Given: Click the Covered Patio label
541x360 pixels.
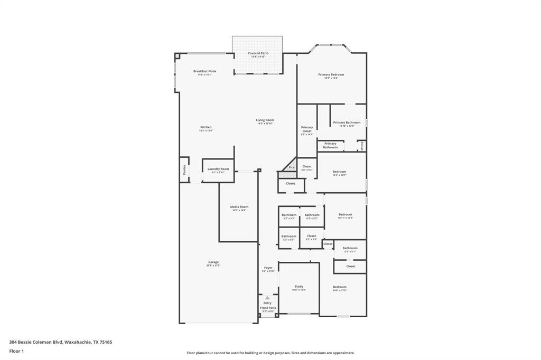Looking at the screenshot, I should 258,53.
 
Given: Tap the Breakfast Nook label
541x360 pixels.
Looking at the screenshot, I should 204,71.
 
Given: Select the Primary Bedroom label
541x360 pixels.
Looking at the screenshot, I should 331,75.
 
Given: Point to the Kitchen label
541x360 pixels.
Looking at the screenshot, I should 206,127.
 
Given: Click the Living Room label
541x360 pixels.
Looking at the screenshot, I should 265,120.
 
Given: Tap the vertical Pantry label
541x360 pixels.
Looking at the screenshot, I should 184,169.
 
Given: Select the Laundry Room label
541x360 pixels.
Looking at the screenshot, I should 218,169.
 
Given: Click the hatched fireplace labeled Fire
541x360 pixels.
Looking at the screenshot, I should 290,169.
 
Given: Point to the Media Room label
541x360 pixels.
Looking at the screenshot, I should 239,207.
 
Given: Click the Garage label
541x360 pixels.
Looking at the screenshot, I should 213,262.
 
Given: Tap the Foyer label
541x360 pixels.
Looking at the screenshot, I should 268,268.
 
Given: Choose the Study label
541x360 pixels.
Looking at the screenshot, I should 299,287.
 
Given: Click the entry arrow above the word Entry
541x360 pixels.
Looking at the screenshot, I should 267,298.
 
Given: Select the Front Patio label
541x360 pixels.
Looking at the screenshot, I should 268,308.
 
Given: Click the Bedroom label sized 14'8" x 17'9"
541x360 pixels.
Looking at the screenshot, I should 340,287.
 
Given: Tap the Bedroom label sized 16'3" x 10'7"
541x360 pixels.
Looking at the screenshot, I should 339,172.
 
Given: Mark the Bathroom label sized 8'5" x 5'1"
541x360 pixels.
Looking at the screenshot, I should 350,248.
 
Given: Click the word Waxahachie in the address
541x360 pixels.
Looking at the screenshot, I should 78,342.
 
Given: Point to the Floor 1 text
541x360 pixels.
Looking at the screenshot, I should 17,351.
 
